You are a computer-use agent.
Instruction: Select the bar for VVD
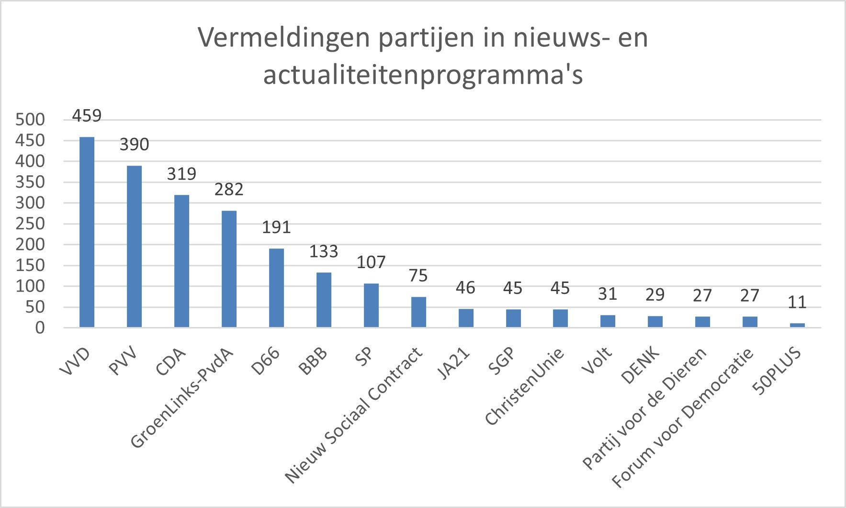(x=87, y=232)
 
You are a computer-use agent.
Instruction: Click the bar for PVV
(x=134, y=247)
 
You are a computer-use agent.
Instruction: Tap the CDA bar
(x=181, y=261)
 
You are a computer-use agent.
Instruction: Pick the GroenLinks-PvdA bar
(x=229, y=269)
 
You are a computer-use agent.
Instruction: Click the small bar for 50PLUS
(x=797, y=325)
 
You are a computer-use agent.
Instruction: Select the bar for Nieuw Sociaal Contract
(x=418, y=312)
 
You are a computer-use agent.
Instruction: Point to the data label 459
(x=87, y=116)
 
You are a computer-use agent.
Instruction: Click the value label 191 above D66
(x=276, y=227)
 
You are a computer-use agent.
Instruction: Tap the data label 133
(x=324, y=251)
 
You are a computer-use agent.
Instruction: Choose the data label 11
(x=797, y=302)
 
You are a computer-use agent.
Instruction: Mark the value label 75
(x=418, y=276)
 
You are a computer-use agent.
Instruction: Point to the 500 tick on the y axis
(x=30, y=120)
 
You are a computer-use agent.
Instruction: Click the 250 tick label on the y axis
(x=30, y=224)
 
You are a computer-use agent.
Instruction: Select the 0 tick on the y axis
(x=39, y=328)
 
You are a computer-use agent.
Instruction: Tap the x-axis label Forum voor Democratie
(x=684, y=418)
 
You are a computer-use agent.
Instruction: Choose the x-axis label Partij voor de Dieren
(x=644, y=408)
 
